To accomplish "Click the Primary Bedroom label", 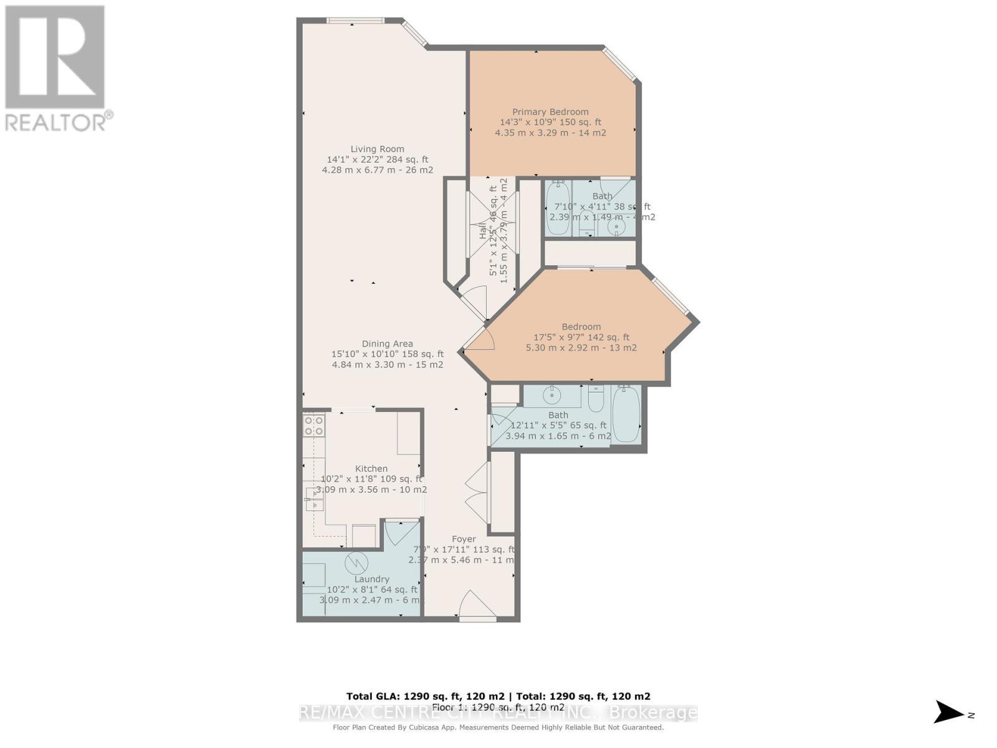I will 550,112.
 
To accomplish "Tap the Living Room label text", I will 377,149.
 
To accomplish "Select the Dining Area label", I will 387,343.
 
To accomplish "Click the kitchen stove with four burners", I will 313,425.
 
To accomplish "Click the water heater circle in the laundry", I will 356,563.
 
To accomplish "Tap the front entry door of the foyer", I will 477,606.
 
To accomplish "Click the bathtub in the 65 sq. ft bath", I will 626,414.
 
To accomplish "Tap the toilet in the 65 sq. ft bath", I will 596,399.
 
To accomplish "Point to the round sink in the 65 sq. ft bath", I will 552,395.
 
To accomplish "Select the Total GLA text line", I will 498,696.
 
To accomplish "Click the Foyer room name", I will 464,539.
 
